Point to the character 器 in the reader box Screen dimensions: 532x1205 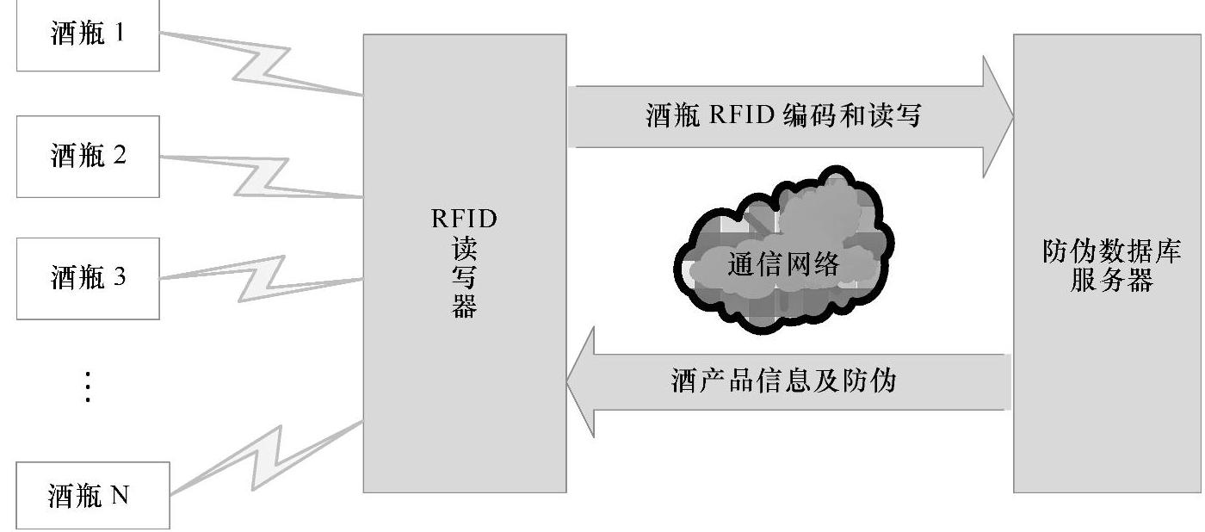pyautogui.click(x=464, y=306)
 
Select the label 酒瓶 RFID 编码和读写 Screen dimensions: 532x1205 pyautogui.click(x=783, y=116)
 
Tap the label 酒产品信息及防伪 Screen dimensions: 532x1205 pyautogui.click(x=783, y=380)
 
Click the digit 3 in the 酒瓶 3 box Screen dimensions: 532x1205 pyautogui.click(x=120, y=278)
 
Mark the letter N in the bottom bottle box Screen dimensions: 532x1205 pyautogui.click(x=119, y=496)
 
